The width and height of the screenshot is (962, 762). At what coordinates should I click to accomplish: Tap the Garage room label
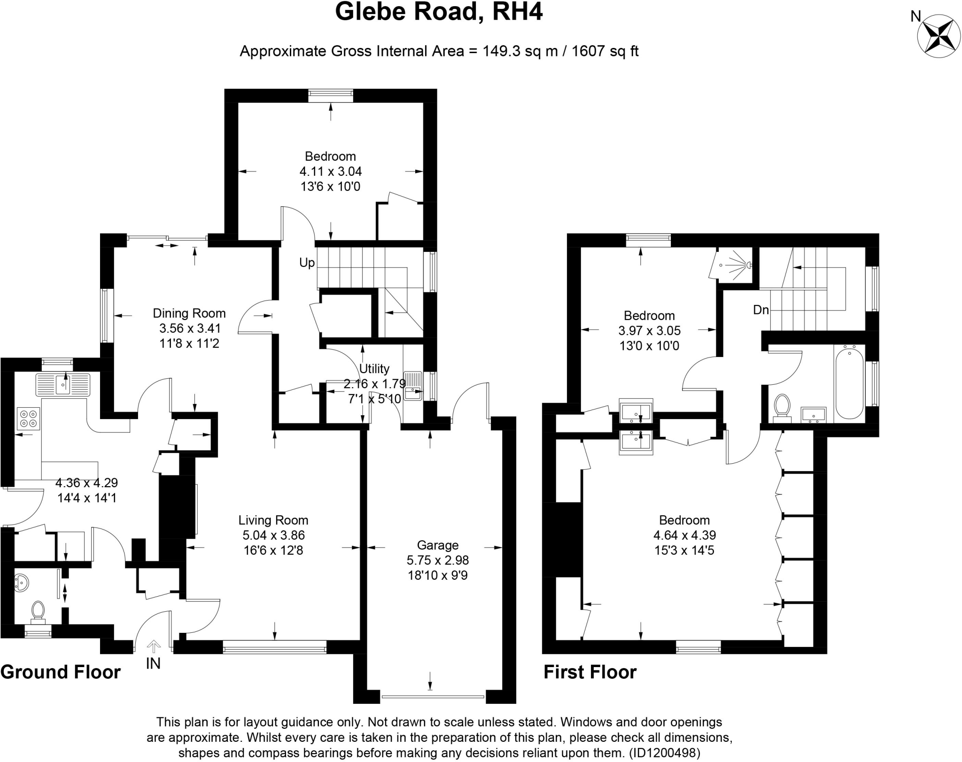tap(437, 545)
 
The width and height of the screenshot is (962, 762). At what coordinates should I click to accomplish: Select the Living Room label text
tap(273, 520)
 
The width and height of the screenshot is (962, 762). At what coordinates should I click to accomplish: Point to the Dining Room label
tap(189, 313)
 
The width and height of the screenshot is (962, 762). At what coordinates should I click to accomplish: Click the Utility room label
tap(374, 368)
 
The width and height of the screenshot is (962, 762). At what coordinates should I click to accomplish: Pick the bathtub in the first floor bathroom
tap(849, 382)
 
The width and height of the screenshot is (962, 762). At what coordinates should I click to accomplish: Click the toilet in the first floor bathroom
tap(781, 405)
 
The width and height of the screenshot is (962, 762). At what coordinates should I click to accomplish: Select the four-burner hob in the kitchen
tap(29, 419)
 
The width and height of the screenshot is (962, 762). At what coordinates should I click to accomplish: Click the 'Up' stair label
tap(307, 263)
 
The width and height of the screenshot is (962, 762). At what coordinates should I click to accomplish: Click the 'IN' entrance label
tap(153, 663)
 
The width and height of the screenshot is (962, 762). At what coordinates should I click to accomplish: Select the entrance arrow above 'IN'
tap(153, 647)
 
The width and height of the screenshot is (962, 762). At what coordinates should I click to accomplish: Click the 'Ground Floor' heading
tap(61, 672)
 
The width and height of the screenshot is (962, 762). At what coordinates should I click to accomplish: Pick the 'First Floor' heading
tap(590, 672)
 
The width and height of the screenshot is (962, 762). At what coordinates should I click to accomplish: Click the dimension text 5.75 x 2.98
tap(437, 560)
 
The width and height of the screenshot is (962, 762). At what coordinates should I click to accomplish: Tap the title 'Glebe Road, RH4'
tap(439, 12)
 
